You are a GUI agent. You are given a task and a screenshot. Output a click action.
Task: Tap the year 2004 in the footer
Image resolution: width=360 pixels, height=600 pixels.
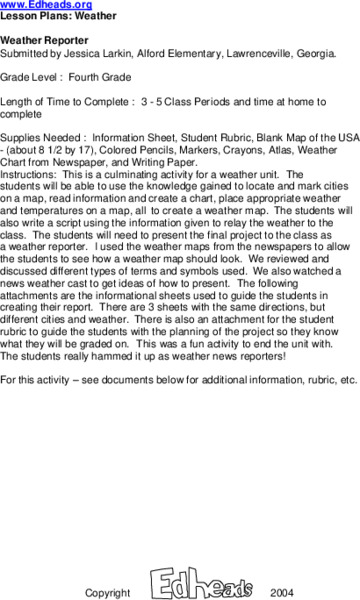pos(282,592)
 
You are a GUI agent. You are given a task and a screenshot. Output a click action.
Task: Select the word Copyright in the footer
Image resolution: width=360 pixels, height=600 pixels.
pos(107,592)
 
